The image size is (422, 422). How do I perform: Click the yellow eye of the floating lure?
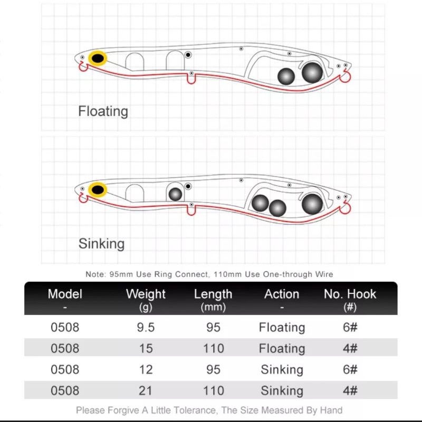(x=97, y=59)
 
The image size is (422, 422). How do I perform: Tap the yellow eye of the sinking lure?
(x=97, y=189)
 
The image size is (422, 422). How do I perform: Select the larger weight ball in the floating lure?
(x=312, y=72)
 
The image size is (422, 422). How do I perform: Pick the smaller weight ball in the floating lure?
(x=286, y=76)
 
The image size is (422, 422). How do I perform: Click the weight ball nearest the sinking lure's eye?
(x=175, y=194)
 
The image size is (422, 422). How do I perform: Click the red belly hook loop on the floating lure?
(x=191, y=79)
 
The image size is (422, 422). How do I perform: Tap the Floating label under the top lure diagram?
(x=103, y=111)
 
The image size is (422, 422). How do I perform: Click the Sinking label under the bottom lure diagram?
(x=101, y=244)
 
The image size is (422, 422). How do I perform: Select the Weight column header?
(x=146, y=294)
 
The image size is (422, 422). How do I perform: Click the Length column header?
(x=213, y=294)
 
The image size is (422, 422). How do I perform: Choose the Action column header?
(x=282, y=294)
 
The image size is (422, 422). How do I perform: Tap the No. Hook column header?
(x=350, y=294)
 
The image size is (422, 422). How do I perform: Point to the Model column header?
(x=65, y=294)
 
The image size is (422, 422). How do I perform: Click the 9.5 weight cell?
(x=146, y=327)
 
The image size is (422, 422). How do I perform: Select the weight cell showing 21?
(x=146, y=390)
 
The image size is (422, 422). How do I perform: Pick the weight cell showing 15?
(x=146, y=348)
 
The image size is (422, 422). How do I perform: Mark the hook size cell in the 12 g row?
(x=350, y=369)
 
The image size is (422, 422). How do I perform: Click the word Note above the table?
(x=95, y=274)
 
